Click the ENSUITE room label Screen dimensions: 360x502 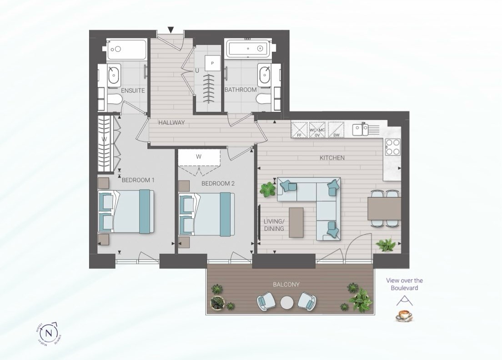[133, 91]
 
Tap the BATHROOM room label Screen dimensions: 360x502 [241, 90]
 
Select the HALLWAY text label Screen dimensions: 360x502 [171, 122]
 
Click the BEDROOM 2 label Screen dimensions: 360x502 [218, 183]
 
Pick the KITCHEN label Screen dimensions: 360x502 [332, 158]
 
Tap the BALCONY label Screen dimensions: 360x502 [286, 284]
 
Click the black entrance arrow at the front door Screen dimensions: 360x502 [171, 30]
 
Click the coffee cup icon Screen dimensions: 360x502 [402, 315]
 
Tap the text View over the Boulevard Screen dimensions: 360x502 [404, 284]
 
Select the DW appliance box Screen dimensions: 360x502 [336, 130]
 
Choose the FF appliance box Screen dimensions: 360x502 [299, 130]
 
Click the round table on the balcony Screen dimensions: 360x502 [287, 303]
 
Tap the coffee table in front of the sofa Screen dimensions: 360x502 [296, 222]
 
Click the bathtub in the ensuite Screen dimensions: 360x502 [127, 49]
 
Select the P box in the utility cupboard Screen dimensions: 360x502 [212, 63]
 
